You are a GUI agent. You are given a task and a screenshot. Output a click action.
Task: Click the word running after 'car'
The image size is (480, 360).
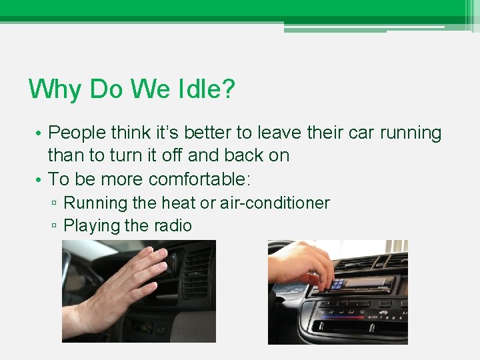click(411, 133)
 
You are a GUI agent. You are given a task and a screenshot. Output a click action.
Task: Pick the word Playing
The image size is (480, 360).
click(91, 226)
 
